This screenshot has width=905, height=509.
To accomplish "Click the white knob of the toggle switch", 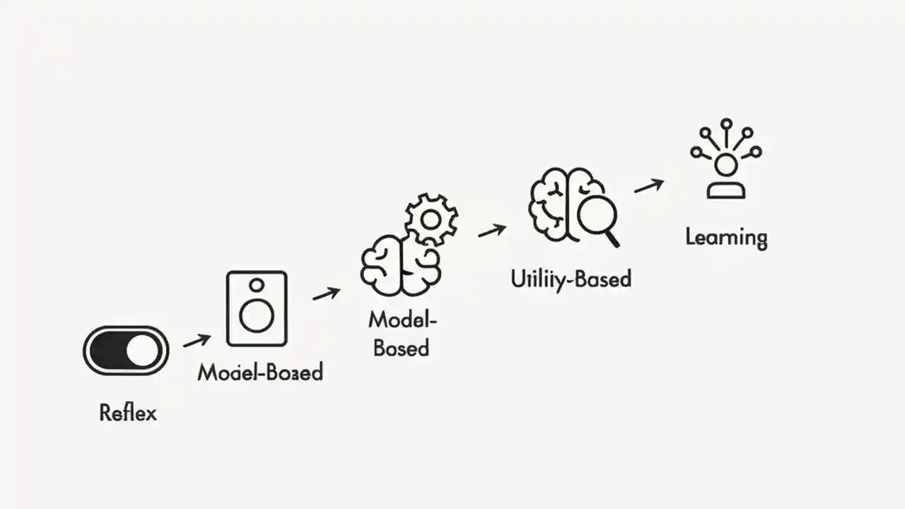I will (x=144, y=351).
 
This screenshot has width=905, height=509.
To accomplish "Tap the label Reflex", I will (x=128, y=412).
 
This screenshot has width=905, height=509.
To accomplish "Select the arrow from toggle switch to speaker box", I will (x=197, y=341).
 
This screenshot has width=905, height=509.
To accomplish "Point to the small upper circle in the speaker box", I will (x=257, y=285).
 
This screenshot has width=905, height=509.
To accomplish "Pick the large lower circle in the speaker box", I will (x=257, y=316).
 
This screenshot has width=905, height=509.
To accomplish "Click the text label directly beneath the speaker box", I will (x=260, y=372).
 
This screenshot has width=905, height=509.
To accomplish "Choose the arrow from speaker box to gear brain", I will (x=326, y=293).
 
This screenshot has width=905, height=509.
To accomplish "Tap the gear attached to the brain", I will (x=431, y=220).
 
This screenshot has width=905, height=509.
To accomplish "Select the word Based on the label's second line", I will (x=401, y=348).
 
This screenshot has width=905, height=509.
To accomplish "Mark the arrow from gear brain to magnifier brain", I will (x=492, y=230).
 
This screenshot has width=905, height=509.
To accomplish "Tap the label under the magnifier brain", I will (x=571, y=279).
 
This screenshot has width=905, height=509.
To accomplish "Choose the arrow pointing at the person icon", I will (x=648, y=186).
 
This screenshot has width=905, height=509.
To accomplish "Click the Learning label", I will (x=726, y=238).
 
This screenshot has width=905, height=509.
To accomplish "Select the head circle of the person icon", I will (x=726, y=165).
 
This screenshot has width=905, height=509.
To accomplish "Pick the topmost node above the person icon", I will (x=726, y=124).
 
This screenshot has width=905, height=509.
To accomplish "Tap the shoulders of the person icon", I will (x=726, y=189).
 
